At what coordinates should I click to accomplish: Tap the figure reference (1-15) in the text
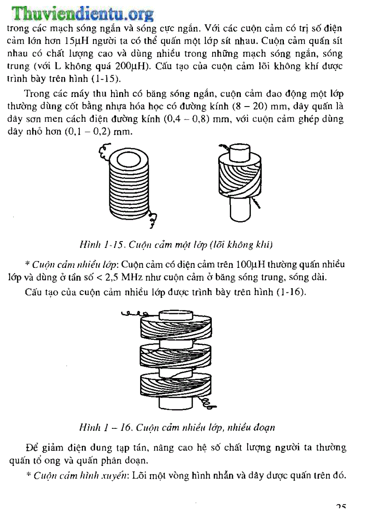click(106, 78)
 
